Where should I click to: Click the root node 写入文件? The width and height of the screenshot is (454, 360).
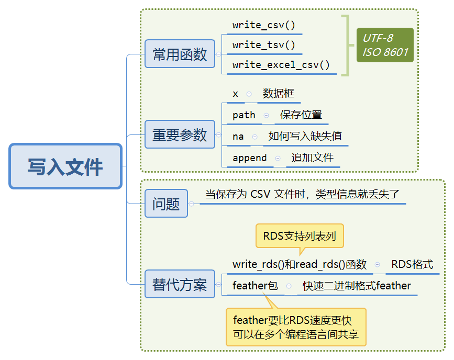pyautogui.click(x=65, y=166)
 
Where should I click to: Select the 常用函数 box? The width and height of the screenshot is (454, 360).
pyautogui.click(x=180, y=54)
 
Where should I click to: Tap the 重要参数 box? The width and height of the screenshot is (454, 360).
pyautogui.click(x=180, y=134)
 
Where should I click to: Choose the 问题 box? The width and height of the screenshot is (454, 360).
pyautogui.click(x=166, y=204)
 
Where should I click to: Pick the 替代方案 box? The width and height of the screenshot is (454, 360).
pyautogui.click(x=180, y=284)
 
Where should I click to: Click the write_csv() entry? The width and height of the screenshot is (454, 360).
pyautogui.click(x=264, y=25)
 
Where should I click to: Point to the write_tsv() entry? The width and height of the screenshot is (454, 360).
pyautogui.click(x=264, y=45)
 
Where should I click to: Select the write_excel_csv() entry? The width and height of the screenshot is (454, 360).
pyautogui.click(x=281, y=65)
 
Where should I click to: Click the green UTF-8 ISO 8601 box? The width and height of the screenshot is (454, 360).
pyautogui.click(x=385, y=45)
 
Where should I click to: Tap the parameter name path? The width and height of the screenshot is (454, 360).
pyautogui.click(x=244, y=115)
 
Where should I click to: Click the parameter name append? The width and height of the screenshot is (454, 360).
pyautogui.click(x=250, y=158)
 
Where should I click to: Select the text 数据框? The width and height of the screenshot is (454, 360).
pyautogui.click(x=279, y=93)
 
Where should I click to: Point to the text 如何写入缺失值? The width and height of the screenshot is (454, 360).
pyautogui.click(x=305, y=136)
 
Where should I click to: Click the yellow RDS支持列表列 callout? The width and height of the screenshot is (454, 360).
pyautogui.click(x=300, y=236)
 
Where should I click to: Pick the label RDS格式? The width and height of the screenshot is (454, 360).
pyautogui.click(x=412, y=264)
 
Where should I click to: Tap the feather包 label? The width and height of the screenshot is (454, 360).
pyautogui.click(x=255, y=286)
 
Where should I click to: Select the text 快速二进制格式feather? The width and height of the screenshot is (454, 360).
pyautogui.click(x=357, y=286)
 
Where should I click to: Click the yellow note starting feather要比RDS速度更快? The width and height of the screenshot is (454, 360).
pyautogui.click(x=296, y=327)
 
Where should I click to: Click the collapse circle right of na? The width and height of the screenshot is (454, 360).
pyautogui.click(x=255, y=137)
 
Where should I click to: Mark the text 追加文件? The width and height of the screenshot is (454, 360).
pyautogui.click(x=313, y=157)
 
